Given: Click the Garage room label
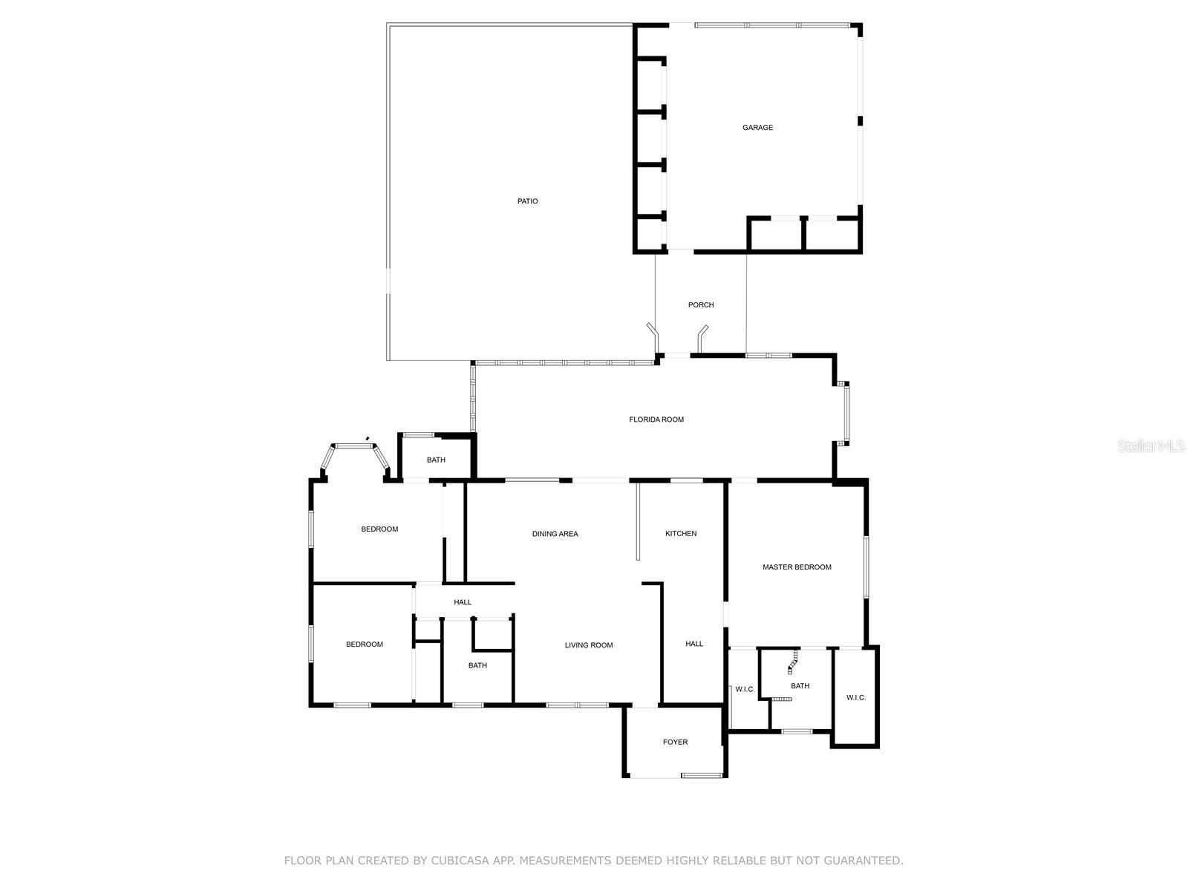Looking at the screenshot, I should pos(757,128).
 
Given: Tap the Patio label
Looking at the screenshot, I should pos(528,201).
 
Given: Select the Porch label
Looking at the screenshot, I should pos(701,305).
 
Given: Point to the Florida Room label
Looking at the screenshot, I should pos(656,420).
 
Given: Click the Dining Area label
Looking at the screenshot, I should pos(555,534).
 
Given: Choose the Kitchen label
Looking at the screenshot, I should pos(681,534).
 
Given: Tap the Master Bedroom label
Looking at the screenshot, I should pos(797,567).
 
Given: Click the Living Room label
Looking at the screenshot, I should pos(589,645).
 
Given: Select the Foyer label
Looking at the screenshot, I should pos(675,742).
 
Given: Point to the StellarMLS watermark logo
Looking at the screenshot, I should pos(1151,446).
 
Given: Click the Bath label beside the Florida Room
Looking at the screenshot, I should pos(436,460).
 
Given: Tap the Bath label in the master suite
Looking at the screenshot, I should pos(800,686).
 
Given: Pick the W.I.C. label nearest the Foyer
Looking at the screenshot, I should pos(745,690).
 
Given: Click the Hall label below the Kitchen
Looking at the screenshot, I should pos(694,644).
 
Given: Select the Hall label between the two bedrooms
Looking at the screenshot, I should pos(463,602).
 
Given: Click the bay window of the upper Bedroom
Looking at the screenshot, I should pos(354,447).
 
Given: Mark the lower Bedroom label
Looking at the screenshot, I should pos(365,644).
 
